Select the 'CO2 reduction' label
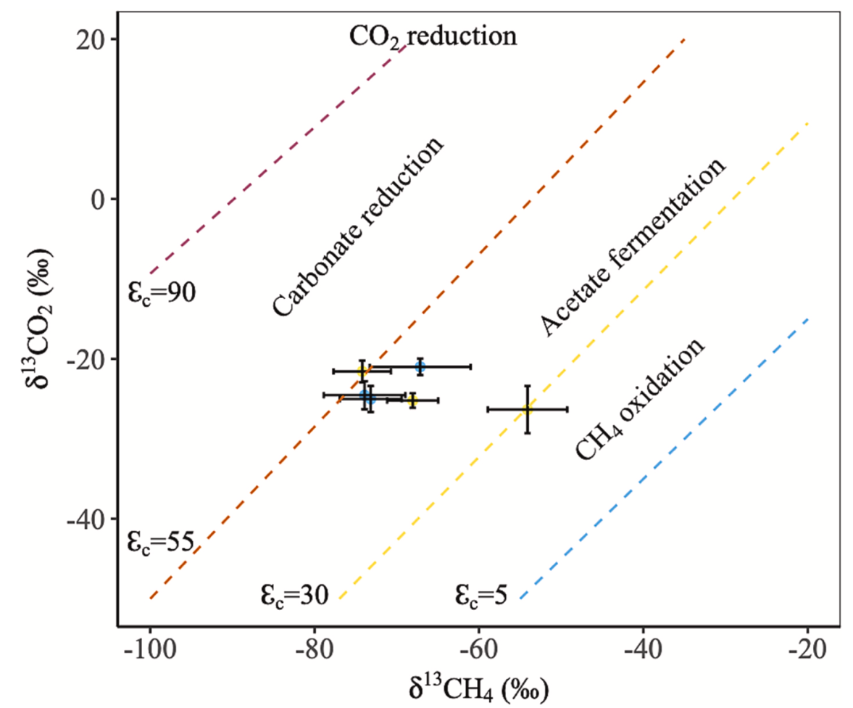point(433,36)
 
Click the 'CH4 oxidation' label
point(639,399)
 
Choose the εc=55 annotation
point(160,542)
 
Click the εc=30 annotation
point(295,595)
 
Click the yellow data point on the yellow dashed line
point(528,409)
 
